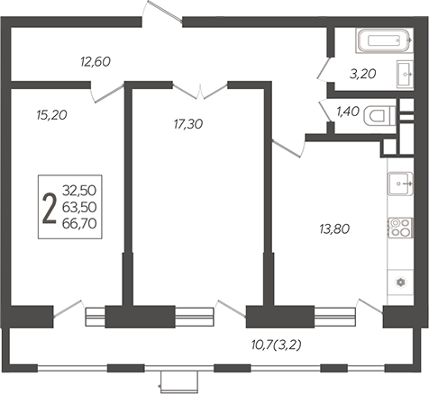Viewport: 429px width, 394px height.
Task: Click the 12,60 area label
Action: (96, 61)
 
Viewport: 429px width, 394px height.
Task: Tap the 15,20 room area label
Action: (51, 114)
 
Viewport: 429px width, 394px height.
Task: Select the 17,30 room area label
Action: (188, 124)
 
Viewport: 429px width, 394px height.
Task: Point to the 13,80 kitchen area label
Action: (334, 229)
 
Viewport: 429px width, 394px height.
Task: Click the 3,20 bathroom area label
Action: (363, 74)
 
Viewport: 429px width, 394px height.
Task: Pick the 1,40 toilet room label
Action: (348, 112)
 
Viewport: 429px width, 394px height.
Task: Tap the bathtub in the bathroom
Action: (385, 40)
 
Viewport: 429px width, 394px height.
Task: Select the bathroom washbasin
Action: (405, 74)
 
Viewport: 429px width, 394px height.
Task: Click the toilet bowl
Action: (379, 116)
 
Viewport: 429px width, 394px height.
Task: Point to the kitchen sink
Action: (400, 184)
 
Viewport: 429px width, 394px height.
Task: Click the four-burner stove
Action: (400, 228)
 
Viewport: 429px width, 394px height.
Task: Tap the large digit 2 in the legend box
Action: (50, 209)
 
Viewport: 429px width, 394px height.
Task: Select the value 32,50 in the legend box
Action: (79, 191)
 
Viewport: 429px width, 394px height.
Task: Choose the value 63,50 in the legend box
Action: (79, 207)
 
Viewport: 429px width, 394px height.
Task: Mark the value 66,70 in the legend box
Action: (79, 223)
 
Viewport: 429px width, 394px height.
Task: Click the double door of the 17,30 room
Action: (200, 91)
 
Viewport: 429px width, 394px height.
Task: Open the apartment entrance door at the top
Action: (162, 12)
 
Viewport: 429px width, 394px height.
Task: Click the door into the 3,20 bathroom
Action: (324, 68)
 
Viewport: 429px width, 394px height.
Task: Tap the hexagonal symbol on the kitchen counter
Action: (400, 282)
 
